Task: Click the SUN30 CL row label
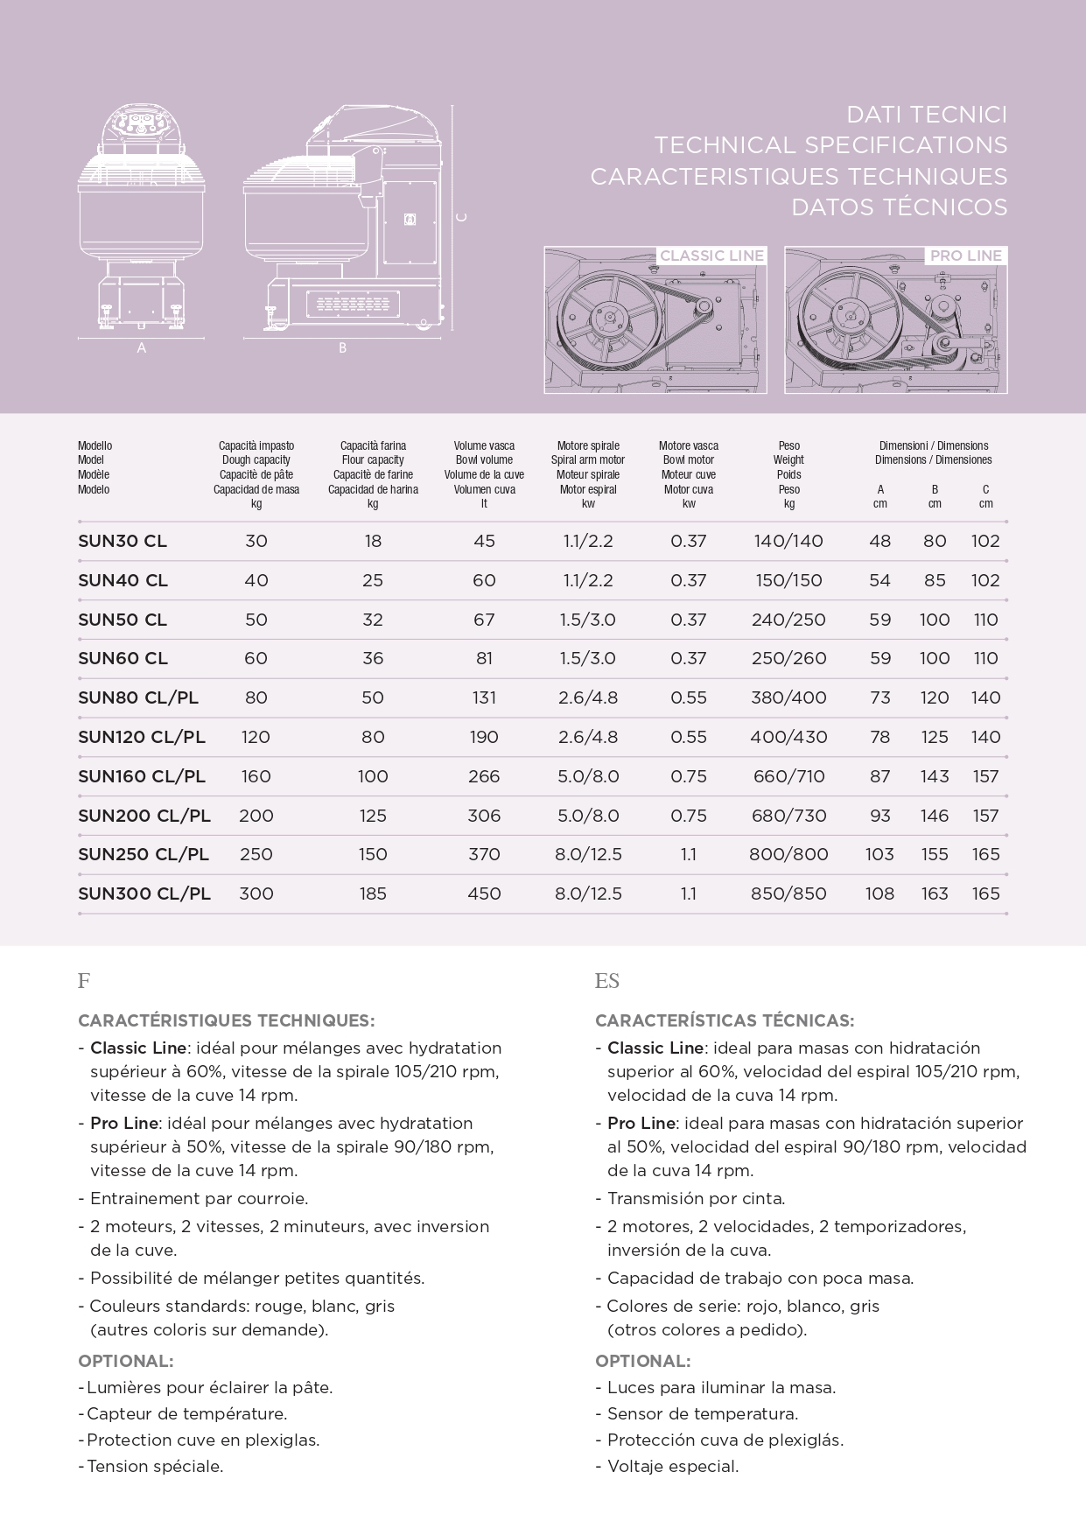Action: (x=123, y=542)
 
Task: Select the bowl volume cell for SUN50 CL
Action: (x=484, y=620)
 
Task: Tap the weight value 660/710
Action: (x=788, y=776)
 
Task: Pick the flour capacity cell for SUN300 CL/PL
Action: (x=373, y=894)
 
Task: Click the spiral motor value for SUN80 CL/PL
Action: (x=588, y=697)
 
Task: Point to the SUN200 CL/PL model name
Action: (x=144, y=816)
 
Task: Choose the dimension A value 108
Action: (x=879, y=894)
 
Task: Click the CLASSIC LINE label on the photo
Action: (x=711, y=256)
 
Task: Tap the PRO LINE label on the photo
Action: (x=966, y=256)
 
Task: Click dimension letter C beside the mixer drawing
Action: (x=463, y=216)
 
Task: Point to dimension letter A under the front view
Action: (x=141, y=348)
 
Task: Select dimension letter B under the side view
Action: (x=342, y=348)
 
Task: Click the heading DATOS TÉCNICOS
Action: (x=899, y=207)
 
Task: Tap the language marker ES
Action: (x=606, y=981)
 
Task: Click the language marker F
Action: (x=84, y=981)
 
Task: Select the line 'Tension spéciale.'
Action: (x=155, y=1466)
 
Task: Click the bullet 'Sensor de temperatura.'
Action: (x=702, y=1413)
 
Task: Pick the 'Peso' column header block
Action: (x=788, y=474)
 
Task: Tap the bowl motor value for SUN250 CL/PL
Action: (x=689, y=854)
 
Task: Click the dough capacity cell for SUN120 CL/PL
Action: (x=256, y=737)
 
